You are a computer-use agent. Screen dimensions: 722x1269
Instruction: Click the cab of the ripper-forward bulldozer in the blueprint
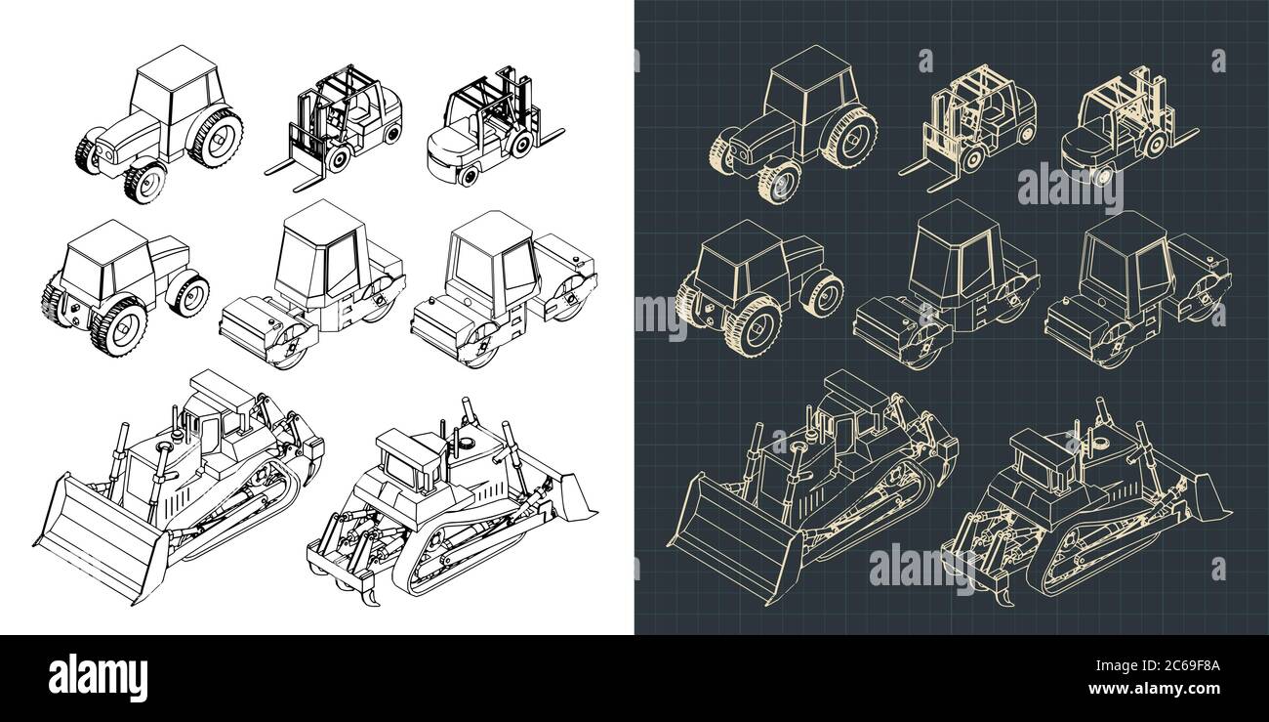pos(1041,459)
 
